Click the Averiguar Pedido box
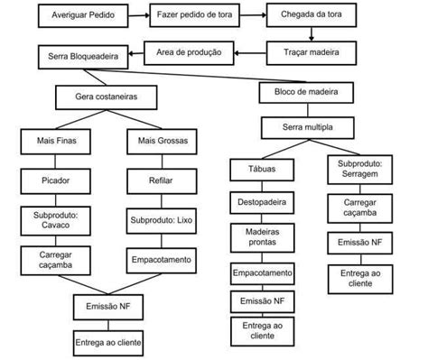coord(78,16)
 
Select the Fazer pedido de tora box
coord(193,16)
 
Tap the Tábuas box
coord(262,169)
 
